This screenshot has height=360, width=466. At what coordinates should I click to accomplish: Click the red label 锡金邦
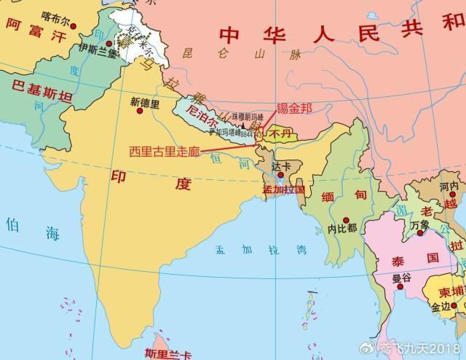pos(293,109)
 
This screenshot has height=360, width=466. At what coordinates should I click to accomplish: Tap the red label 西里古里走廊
pos(164,152)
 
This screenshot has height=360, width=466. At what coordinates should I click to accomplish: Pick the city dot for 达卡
pos(280,176)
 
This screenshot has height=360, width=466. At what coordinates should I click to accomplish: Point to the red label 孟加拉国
pos(283,191)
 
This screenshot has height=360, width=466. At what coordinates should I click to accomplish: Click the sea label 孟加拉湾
pos(261,249)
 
